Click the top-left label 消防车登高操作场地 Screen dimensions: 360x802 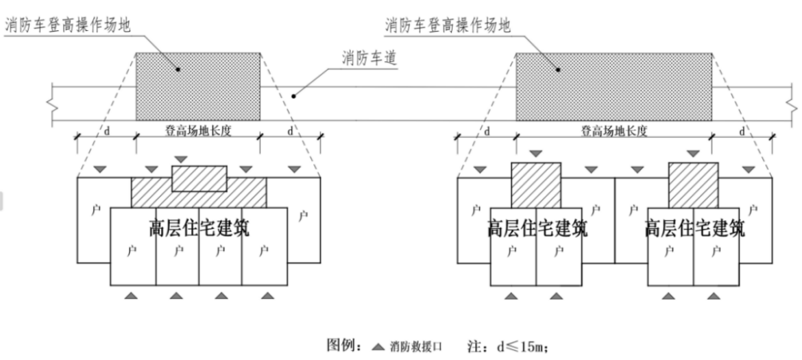point(67,26)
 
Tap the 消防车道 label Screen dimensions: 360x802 point(370,58)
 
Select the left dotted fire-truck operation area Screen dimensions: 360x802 point(197,86)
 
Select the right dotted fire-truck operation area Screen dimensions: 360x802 point(613,86)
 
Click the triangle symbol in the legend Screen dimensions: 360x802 point(378,346)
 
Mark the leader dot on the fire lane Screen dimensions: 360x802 point(293,97)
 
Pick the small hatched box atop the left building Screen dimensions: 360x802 point(198,178)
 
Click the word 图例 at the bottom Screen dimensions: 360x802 point(341,346)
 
